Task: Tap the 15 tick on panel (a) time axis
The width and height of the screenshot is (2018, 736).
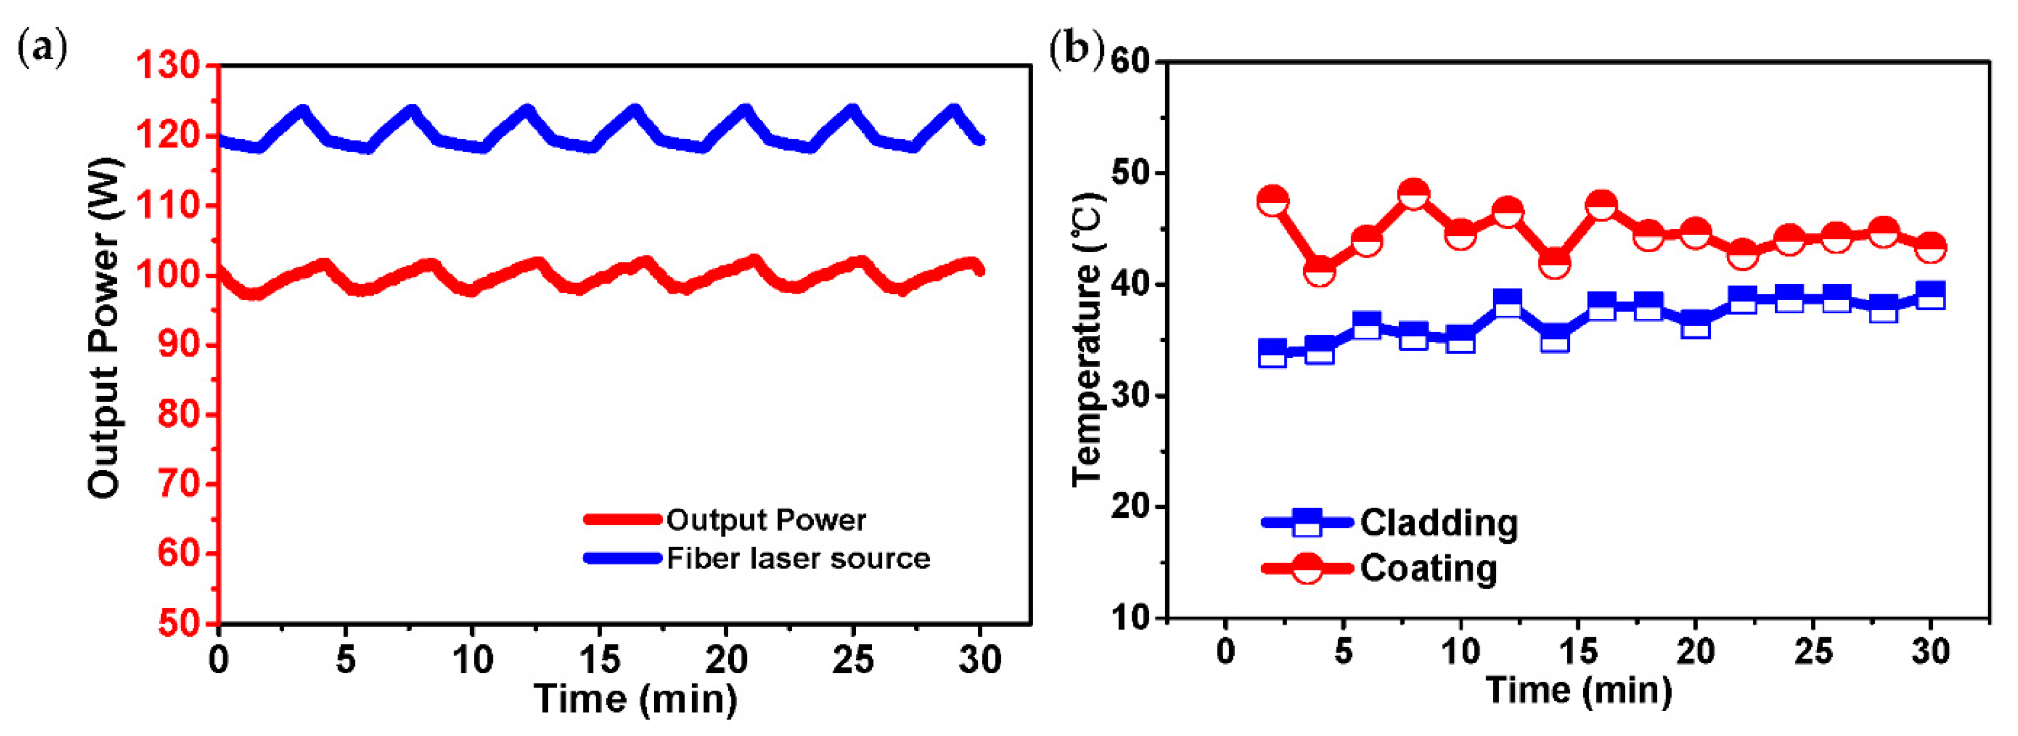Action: [x=599, y=660]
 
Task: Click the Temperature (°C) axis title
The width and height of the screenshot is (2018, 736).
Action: [x=1089, y=338]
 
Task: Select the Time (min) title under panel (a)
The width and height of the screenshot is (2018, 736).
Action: [x=636, y=698]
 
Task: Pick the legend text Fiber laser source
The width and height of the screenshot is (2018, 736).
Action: [x=797, y=559]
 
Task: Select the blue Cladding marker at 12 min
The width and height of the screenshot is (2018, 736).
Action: [x=1507, y=303]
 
